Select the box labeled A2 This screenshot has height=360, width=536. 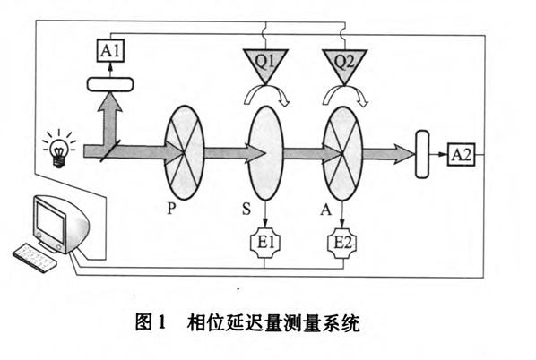(x=460, y=155)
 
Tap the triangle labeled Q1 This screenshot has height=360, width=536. (x=264, y=63)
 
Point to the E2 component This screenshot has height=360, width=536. (x=344, y=242)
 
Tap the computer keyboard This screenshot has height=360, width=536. (x=39, y=256)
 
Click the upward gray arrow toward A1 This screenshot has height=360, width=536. (x=110, y=116)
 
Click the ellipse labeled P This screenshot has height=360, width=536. (x=186, y=153)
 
